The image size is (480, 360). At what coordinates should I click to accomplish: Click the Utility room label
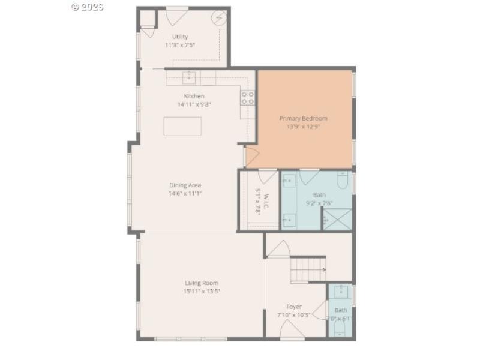pyautogui.click(x=179, y=37)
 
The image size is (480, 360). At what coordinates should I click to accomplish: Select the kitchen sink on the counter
pyautogui.click(x=190, y=77)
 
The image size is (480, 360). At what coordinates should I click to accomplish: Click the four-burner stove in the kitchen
pyautogui.click(x=247, y=98)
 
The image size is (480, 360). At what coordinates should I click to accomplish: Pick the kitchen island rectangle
pyautogui.click(x=182, y=126)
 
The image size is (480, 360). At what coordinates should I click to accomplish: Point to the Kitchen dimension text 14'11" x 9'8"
pyautogui.click(x=194, y=104)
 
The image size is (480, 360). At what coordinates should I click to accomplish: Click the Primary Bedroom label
pyautogui.click(x=304, y=118)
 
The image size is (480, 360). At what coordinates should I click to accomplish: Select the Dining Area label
pyautogui.click(x=185, y=185)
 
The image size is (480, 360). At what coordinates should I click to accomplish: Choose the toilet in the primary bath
pyautogui.click(x=343, y=180)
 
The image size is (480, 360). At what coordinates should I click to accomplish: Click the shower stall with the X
pyautogui.click(x=337, y=219)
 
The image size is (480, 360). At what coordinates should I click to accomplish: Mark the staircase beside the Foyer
pyautogui.click(x=307, y=269)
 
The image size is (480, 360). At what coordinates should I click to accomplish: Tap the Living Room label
pyautogui.click(x=201, y=283)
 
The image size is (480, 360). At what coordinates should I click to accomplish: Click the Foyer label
pyautogui.click(x=293, y=307)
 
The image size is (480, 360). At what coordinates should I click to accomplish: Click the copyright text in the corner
pyautogui.click(x=87, y=7)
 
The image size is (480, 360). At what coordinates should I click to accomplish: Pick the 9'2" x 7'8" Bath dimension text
pyautogui.click(x=319, y=203)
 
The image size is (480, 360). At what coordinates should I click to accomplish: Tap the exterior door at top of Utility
pyautogui.click(x=176, y=16)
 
